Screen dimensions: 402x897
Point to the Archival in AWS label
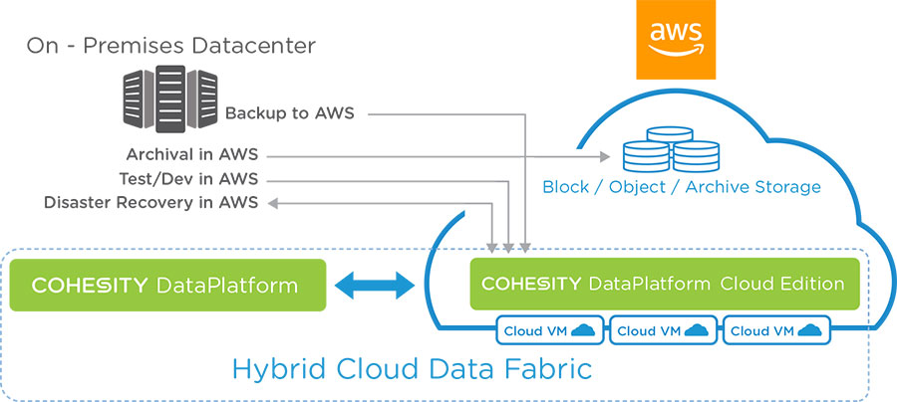[x=191, y=155]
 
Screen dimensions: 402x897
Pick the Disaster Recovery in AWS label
[x=150, y=203]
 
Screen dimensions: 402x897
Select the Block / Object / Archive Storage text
[x=681, y=187]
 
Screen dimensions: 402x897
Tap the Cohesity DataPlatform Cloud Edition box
[x=664, y=284]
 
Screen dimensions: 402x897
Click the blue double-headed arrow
[x=375, y=286]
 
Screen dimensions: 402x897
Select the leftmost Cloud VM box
[x=545, y=330]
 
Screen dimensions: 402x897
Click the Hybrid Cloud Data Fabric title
[x=412, y=369]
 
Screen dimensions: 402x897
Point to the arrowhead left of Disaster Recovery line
[x=274, y=203]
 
